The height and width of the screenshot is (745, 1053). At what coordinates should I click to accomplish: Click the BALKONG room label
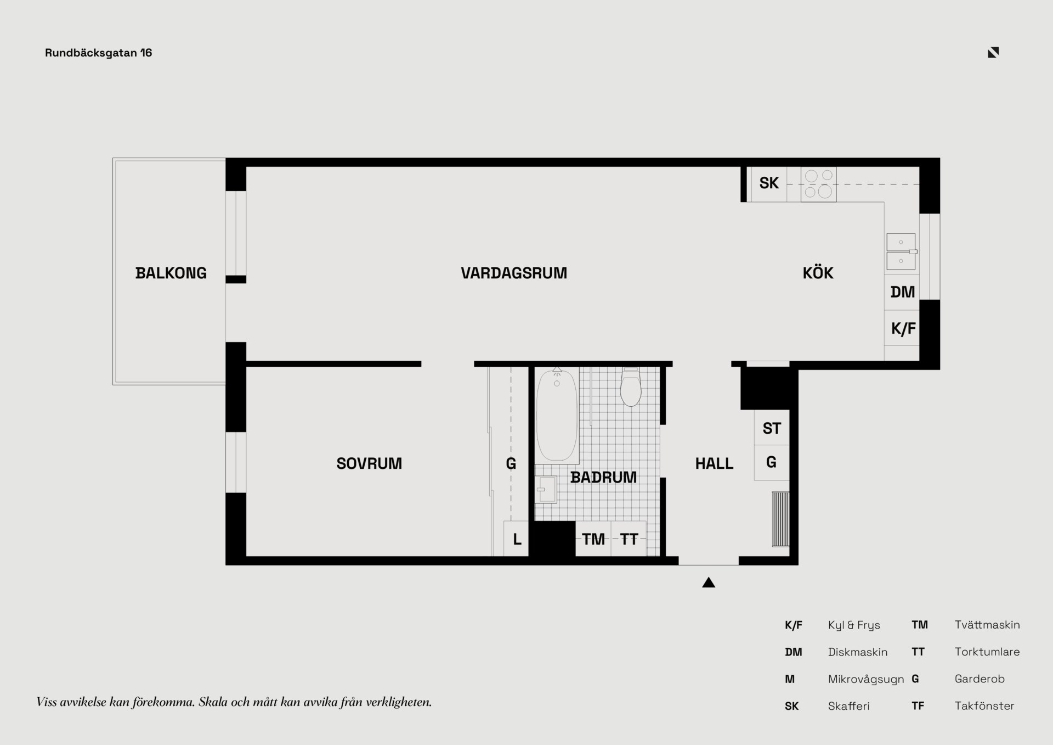[x=171, y=273]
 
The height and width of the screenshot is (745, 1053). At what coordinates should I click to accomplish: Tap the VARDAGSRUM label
[x=514, y=273]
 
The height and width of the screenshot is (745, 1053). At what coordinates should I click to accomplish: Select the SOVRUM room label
[x=369, y=463]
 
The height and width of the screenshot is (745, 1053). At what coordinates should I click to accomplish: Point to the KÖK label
[x=818, y=272]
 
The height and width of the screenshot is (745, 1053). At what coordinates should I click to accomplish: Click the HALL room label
[x=714, y=463]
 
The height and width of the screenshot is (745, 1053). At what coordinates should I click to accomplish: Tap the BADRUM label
[x=603, y=477]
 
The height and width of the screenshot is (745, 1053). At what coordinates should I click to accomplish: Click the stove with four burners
[x=818, y=184]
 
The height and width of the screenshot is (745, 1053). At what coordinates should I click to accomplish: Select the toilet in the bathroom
[x=631, y=386]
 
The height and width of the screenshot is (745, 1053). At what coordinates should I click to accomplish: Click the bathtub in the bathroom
[x=557, y=416]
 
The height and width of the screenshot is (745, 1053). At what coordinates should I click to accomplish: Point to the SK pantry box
[x=769, y=184]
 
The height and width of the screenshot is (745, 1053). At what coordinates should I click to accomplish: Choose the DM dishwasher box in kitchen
[x=902, y=292]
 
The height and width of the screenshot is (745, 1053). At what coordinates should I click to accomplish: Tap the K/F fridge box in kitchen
[x=902, y=328]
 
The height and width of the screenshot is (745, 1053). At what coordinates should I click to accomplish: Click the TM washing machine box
[x=593, y=539]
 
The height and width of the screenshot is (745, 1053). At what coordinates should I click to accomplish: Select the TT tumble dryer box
[x=629, y=539]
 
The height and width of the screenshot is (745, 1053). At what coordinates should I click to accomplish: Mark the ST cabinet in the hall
[x=772, y=428]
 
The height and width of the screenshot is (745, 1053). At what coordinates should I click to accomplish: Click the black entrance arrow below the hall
[x=709, y=582]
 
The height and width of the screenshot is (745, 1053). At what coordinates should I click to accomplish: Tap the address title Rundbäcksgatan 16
[x=99, y=53]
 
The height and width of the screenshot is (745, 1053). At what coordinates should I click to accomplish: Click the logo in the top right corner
[x=993, y=52]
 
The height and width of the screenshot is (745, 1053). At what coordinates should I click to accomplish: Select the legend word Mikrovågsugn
[x=866, y=679]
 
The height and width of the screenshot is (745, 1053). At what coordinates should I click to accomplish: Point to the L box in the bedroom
[x=516, y=539]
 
